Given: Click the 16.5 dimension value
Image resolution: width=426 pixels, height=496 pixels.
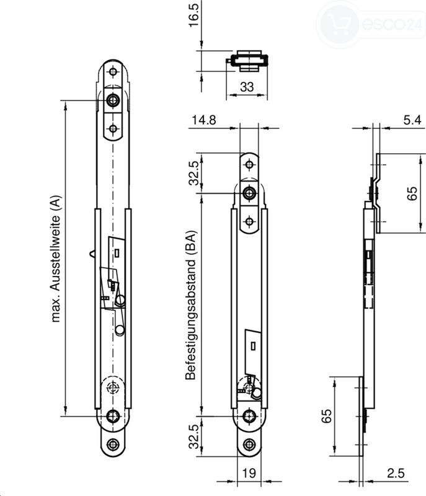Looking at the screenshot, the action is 193,15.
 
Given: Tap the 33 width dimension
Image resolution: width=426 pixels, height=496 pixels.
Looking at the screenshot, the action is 247,87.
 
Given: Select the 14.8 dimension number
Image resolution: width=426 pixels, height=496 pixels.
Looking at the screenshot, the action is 204,120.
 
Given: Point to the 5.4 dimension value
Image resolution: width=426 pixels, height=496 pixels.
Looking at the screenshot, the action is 412,120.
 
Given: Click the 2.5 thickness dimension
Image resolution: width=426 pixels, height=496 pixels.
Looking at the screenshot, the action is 396,473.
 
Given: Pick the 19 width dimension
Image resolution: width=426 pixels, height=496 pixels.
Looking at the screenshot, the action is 249,473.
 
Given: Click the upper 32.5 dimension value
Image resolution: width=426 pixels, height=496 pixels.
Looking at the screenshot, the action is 193,173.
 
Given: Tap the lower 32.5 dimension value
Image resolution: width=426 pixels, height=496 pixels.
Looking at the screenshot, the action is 193,437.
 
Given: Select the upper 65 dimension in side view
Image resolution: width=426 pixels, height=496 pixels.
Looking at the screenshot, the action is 412,193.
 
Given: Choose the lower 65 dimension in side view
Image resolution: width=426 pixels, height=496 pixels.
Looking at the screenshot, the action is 326,416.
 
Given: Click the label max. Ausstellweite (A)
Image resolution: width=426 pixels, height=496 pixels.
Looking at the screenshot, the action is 55,259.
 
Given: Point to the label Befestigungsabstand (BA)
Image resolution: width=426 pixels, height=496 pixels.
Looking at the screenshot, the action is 191,305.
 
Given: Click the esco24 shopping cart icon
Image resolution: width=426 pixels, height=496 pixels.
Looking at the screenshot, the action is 339,24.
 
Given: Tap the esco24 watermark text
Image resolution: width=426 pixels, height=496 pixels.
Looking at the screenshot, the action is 392,24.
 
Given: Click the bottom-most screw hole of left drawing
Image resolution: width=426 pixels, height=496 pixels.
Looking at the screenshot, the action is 113,445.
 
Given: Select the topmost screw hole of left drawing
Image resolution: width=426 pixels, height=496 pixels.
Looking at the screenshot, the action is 113,72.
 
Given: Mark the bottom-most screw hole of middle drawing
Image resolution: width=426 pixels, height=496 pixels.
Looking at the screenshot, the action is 249,445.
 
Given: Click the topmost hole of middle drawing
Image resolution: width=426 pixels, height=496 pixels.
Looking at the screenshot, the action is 249,165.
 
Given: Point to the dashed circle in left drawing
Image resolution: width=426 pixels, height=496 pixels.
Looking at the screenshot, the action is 113,386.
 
